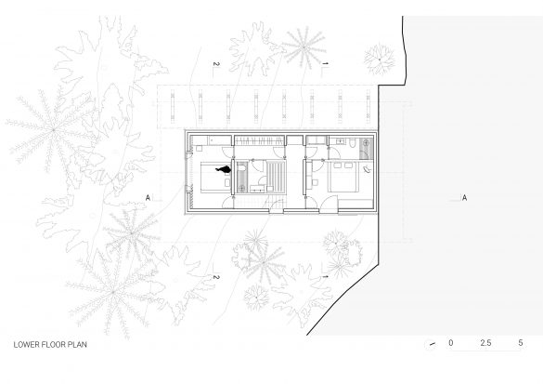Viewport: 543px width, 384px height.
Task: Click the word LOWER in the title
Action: (26, 344)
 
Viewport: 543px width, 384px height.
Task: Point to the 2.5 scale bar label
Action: (485, 343)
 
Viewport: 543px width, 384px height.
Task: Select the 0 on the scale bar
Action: (450, 343)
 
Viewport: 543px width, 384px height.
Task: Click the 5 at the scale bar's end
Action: (521, 343)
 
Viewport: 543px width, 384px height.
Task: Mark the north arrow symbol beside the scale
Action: (432, 344)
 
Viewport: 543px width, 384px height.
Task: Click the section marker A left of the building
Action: (148, 198)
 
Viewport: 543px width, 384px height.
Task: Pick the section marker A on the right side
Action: (464, 198)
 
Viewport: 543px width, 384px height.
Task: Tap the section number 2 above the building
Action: (216, 64)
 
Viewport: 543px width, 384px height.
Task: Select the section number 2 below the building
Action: (216, 277)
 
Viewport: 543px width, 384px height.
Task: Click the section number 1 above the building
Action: (325, 63)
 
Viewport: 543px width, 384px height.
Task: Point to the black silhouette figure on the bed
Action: (224, 169)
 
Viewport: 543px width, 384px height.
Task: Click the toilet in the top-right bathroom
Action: (353, 143)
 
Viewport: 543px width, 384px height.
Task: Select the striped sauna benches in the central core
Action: (276, 177)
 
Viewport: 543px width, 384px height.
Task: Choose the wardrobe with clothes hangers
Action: (259, 140)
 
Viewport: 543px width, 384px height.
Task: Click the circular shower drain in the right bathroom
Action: (367, 142)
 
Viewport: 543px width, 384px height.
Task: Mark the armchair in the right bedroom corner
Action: (367, 169)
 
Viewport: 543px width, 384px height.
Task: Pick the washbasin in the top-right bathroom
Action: (339, 140)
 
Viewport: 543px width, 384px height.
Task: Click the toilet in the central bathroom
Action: (241, 168)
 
